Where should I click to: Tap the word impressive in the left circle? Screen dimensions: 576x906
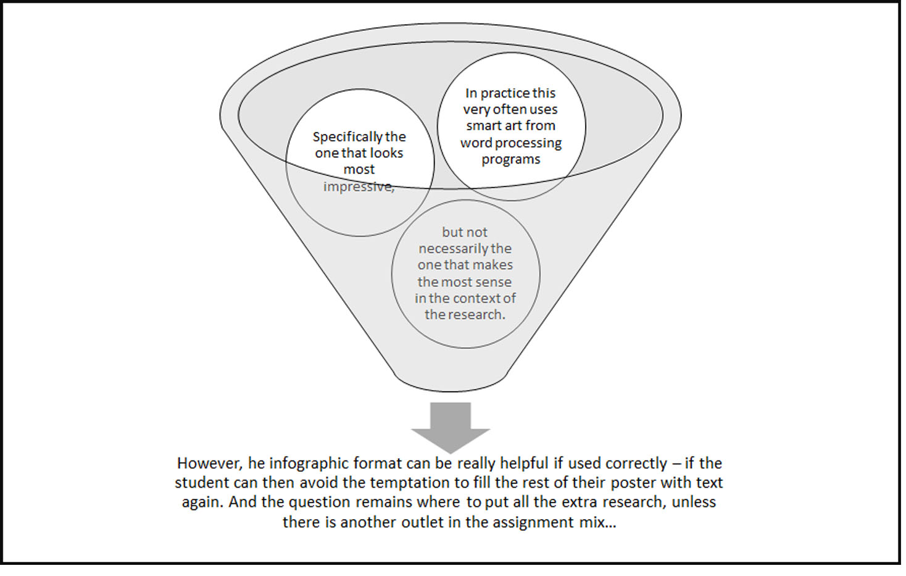[x=359, y=186]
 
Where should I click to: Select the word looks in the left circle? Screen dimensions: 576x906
[x=386, y=153]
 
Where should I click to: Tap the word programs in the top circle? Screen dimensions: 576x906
[x=511, y=159]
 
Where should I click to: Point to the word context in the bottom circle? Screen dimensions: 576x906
[x=476, y=299]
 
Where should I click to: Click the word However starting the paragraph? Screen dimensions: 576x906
[x=209, y=464]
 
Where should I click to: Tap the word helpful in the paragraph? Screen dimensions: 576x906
[x=524, y=464]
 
